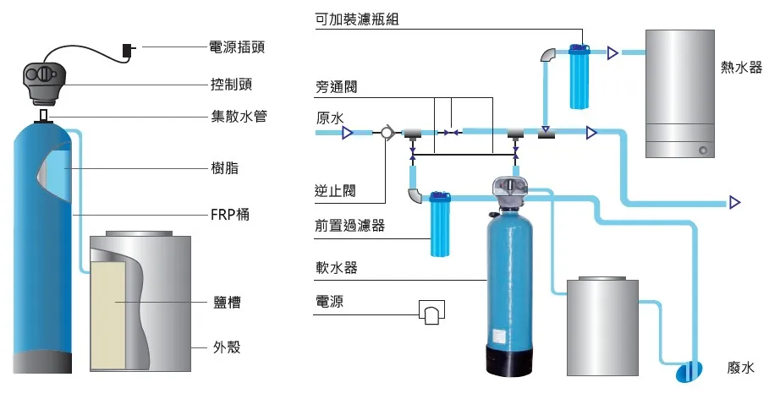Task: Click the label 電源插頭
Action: tap(237, 46)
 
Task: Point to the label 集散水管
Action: tap(239, 117)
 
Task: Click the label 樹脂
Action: tap(224, 168)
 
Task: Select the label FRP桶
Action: tap(229, 215)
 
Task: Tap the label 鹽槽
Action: tap(228, 303)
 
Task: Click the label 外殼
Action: tap(228, 347)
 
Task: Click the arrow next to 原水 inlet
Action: tap(347, 132)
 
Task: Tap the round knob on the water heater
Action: tap(702, 150)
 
